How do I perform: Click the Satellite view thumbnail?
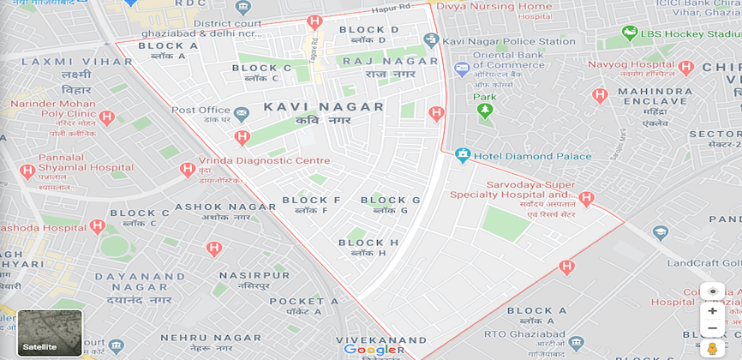[50, 332]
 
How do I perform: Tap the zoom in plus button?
[712, 311]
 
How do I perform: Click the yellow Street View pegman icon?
[712, 347]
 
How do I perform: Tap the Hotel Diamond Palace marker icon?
[464, 155]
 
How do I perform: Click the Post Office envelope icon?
[242, 112]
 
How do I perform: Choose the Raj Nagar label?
[378, 62]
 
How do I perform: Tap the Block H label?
[368, 243]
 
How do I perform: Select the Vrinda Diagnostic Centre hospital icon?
[188, 169]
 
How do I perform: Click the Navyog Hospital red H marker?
[685, 67]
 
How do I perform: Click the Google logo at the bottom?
[370, 349]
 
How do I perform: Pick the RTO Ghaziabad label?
[536, 335]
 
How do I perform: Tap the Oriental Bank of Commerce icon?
[463, 68]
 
